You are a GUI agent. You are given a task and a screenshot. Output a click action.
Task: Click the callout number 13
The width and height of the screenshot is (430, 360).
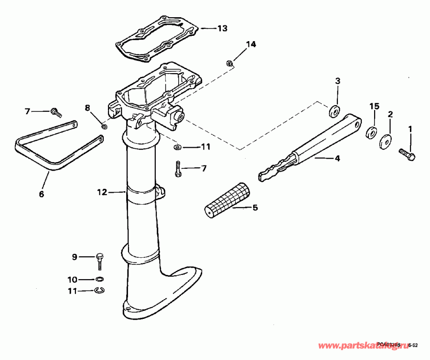(223, 28)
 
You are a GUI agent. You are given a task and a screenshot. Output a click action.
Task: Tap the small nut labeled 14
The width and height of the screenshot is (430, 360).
(229, 63)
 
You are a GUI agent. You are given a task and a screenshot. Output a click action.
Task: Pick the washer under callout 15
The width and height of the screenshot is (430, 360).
(371, 132)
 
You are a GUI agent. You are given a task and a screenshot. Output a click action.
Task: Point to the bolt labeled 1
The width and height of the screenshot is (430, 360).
(407, 153)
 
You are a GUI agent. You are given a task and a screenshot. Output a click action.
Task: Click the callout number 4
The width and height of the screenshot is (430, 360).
(337, 158)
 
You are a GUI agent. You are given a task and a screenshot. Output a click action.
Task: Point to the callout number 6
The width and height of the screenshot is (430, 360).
(41, 194)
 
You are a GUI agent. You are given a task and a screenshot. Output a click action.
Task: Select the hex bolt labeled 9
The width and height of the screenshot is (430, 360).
(99, 260)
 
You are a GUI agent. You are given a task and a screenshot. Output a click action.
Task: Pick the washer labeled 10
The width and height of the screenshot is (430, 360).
(100, 279)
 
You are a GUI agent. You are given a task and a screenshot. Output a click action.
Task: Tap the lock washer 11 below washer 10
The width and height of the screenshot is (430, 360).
(100, 290)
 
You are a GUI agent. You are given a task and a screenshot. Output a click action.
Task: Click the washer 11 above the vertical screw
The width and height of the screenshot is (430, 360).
(178, 147)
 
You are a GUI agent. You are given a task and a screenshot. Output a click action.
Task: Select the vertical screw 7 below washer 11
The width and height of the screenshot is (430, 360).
(178, 169)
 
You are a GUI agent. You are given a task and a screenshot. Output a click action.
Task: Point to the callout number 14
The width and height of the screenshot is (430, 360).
(251, 44)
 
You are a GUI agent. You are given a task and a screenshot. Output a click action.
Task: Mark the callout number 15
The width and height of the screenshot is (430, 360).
(375, 106)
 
